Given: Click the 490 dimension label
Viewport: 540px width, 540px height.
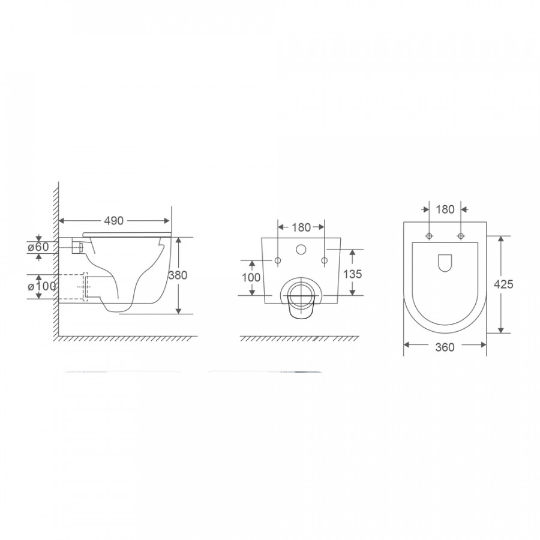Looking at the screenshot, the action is click(x=113, y=221).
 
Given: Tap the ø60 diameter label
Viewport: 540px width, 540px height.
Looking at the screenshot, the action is click(x=38, y=247).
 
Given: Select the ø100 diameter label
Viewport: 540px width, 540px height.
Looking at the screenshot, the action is click(x=41, y=286).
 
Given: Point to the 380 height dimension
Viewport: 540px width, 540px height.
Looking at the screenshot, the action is click(x=178, y=275).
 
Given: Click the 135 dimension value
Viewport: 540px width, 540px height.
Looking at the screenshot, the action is click(x=353, y=274).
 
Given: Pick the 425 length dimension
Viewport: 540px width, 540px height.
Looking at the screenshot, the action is click(x=503, y=284).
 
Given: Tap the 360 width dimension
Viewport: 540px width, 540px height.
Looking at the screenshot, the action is click(x=445, y=347).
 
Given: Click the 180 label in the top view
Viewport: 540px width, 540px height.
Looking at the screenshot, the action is click(x=445, y=209).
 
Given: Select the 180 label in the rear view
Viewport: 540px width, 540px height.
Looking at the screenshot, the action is click(x=301, y=227).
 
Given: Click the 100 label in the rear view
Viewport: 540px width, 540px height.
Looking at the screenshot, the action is click(x=251, y=277).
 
